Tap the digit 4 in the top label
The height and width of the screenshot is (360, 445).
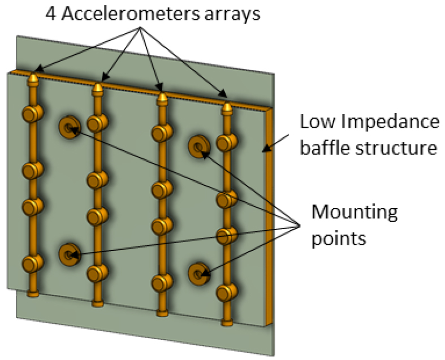[x=51, y=14]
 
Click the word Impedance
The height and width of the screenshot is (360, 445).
[x=390, y=123]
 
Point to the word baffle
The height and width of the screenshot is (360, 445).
[x=325, y=148]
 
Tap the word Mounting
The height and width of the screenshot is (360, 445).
[x=355, y=212]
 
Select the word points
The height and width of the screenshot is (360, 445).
[x=339, y=238]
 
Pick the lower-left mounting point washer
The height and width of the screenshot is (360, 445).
[x=69, y=254]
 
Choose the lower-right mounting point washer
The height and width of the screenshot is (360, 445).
[x=199, y=274]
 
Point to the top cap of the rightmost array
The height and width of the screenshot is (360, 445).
[x=227, y=109]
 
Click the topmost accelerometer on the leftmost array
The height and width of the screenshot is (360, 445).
[x=33, y=113]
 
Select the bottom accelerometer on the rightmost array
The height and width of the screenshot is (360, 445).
[x=227, y=292]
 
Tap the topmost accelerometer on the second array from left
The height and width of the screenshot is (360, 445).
[x=97, y=123]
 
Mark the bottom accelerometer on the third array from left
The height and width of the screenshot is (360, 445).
[x=162, y=283]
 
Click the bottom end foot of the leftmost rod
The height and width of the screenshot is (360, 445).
[x=33, y=294]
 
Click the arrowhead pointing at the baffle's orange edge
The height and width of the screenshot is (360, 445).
[x=266, y=148]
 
